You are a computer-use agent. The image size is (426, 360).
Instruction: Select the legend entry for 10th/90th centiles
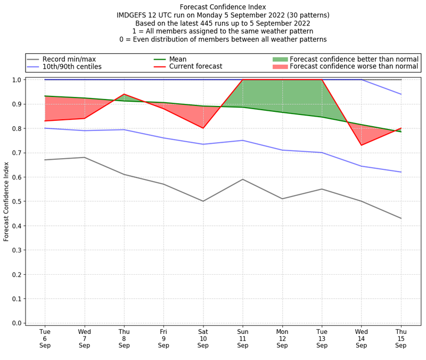pyautogui.click(x=72, y=67)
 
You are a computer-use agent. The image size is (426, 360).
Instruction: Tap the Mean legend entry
pyautogui.click(x=185, y=59)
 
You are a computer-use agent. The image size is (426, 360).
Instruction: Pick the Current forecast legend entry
pyautogui.click(x=195, y=67)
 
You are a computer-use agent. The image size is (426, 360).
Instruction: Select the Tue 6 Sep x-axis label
pyautogui.click(x=45, y=339)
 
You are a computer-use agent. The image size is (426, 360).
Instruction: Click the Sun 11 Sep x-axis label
pyautogui.click(x=243, y=339)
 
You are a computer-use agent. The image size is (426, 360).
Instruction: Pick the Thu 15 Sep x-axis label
pyautogui.click(x=401, y=339)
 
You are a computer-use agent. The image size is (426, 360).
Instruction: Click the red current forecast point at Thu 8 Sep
pyautogui.click(x=124, y=94)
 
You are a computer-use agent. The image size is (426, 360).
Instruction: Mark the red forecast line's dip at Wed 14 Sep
pyautogui.click(x=362, y=145)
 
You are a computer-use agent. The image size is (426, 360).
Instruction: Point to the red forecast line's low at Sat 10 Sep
pyautogui.click(x=203, y=128)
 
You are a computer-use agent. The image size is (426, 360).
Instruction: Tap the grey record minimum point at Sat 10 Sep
pyautogui.click(x=203, y=201)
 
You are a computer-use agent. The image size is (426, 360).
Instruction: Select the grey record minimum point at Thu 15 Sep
pyautogui.click(x=401, y=218)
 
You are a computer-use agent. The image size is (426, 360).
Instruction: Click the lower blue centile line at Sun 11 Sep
pyautogui.click(x=243, y=141)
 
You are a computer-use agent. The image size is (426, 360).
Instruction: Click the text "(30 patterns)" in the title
pyautogui.click(x=308, y=15)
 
